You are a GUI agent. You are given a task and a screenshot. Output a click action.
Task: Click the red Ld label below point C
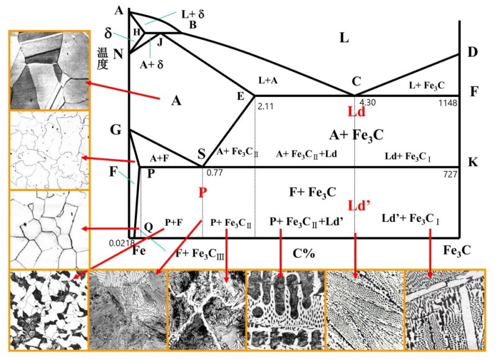click(357, 112)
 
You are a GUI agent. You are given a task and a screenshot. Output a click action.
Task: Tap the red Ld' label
click(359, 206)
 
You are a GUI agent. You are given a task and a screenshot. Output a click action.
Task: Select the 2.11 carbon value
click(266, 106)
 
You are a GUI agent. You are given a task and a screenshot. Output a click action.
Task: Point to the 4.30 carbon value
click(367, 102)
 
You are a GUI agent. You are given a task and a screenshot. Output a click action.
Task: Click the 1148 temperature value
click(448, 103)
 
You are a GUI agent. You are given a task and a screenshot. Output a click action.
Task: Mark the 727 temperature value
click(450, 174)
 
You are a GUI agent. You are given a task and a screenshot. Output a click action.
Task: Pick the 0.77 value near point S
click(214, 173)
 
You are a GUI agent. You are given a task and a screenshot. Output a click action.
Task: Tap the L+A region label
click(268, 81)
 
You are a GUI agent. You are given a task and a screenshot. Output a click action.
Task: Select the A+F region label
click(160, 159)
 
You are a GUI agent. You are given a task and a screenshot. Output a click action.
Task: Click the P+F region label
click(174, 223)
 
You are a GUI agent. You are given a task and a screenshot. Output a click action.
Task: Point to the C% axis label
click(304, 253)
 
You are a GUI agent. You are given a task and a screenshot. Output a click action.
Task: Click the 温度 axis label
click(103, 58)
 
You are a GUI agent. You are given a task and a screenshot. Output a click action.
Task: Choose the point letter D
click(472, 52)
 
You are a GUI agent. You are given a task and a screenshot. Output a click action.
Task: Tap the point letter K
click(473, 162)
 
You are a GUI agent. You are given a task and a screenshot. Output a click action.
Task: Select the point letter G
click(116, 130)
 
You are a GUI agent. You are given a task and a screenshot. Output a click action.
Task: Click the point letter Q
click(148, 227)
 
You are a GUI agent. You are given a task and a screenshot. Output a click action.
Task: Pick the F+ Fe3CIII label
click(200, 254)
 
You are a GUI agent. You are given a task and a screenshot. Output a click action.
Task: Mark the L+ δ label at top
click(193, 14)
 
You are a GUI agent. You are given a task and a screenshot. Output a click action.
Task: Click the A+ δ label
click(152, 65)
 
